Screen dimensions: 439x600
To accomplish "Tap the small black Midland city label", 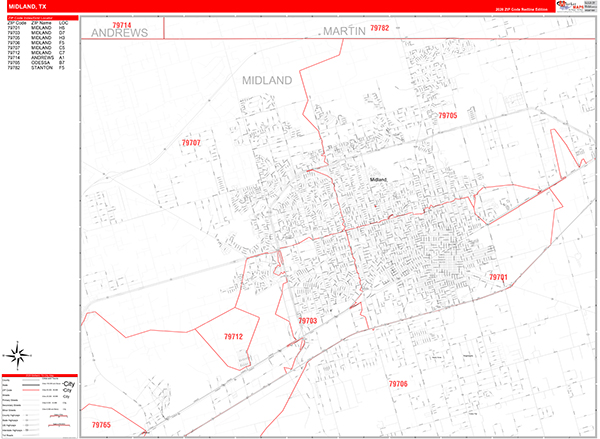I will click(x=378, y=179).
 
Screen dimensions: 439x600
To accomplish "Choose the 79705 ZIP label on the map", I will click(x=447, y=116).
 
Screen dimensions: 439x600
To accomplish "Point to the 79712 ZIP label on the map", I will click(x=232, y=337).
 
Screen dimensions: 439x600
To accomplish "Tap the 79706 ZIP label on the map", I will click(x=398, y=383).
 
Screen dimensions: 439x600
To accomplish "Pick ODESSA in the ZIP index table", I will click(x=42, y=62).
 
